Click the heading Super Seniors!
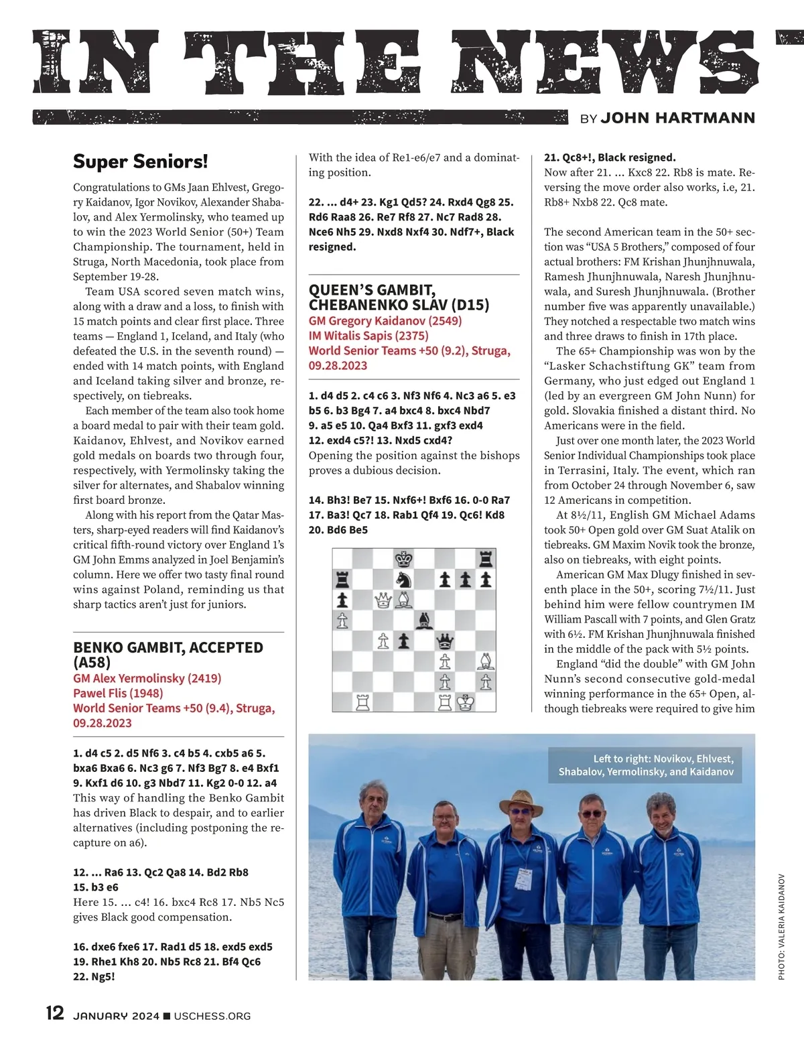pos(141,161)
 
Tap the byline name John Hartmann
pos(677,118)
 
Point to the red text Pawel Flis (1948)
pos(118,693)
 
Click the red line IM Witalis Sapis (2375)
pos(368,336)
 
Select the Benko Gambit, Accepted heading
pos(168,655)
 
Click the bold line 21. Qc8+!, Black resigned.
pos(610,157)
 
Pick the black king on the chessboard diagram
pos(404,559)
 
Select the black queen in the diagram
pos(445,641)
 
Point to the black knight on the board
pos(404,580)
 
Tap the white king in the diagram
pos(466,702)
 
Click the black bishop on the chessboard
pos(424,620)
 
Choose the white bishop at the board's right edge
pos(486,661)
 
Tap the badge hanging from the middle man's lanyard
pos(523,878)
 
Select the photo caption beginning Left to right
pos(646,765)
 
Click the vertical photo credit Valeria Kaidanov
pos(781,927)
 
